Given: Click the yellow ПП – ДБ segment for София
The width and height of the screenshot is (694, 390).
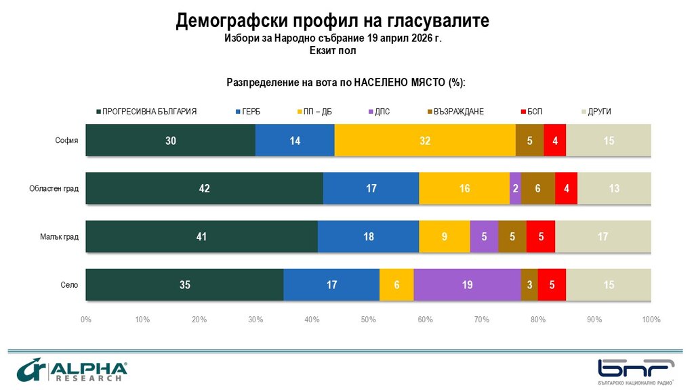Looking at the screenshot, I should click(425, 141).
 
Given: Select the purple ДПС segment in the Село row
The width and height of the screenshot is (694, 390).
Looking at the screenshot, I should click(467, 285).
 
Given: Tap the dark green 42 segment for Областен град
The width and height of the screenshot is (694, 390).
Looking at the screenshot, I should click(204, 189).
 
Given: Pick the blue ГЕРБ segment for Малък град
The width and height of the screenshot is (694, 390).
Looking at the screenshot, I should click(368, 237).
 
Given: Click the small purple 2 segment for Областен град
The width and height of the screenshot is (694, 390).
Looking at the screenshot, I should click(515, 189).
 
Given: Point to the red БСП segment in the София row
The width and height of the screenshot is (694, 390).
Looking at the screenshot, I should click(554, 141).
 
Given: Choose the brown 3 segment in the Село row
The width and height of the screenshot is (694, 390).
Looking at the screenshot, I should click(529, 285).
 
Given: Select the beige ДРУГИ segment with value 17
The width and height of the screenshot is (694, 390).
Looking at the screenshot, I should click(603, 237).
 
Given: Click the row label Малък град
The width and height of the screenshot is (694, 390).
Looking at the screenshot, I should click(63, 237).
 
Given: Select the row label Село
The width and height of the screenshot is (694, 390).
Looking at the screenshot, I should click(70, 285).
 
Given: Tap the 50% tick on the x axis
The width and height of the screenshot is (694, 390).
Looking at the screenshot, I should click(368, 319).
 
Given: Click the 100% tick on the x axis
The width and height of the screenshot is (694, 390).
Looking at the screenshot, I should click(651, 319).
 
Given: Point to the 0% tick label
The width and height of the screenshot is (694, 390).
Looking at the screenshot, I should click(86, 319).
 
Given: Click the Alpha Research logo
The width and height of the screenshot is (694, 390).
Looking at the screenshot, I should click(72, 372).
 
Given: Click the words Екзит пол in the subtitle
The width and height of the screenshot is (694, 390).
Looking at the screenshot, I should click(333, 50).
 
